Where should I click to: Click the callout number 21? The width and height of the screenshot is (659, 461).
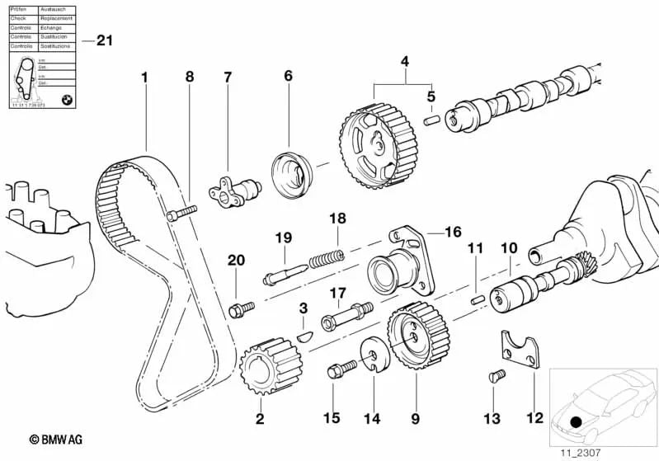coord(104,40)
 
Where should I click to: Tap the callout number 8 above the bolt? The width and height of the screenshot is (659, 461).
coord(190,77)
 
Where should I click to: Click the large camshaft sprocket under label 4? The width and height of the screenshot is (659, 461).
coord(375,148)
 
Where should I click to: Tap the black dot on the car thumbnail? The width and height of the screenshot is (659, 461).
coord(577,421)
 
